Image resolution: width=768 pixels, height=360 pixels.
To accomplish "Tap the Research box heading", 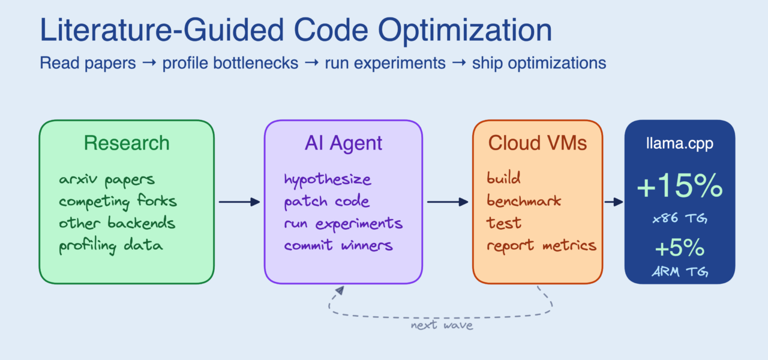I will click(127, 143).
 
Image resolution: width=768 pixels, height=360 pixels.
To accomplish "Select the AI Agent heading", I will click(343, 143).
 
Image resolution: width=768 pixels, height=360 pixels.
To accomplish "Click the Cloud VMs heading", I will click(537, 143).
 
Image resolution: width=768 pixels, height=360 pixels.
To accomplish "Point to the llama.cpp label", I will click(679, 144).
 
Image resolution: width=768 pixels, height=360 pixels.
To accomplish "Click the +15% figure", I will click(679, 187).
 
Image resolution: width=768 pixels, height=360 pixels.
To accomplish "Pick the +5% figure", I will click(679, 247).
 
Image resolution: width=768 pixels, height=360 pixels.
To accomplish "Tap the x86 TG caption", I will click(679, 220).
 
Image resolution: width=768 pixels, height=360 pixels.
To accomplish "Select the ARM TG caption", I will click(679, 272).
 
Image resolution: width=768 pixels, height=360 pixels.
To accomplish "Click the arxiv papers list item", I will click(107, 179).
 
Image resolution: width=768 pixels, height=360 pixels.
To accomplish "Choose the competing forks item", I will click(118, 201).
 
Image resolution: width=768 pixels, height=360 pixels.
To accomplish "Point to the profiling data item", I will click(111, 245).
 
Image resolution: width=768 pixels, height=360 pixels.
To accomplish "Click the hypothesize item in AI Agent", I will click(328, 179).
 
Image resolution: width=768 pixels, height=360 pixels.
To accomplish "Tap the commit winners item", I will click(338, 245).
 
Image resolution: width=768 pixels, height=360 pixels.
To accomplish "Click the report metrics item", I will click(541, 245).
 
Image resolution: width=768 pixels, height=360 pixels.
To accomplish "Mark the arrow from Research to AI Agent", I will click(239, 202).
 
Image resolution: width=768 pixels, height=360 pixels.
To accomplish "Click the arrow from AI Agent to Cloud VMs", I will click(447, 202).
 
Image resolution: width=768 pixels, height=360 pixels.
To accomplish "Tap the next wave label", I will click(442, 325).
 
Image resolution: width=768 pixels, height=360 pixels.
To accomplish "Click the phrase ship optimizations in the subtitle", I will click(539, 63).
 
